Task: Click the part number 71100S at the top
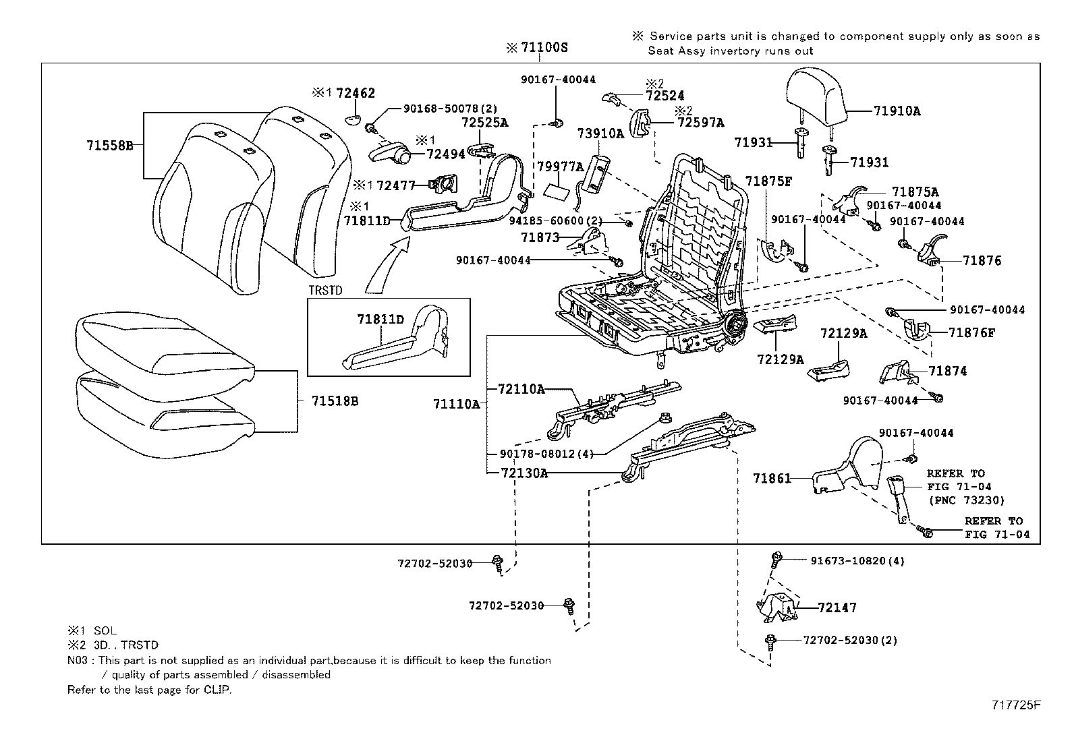pyautogui.click(x=544, y=48)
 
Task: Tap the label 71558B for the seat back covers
pyautogui.click(x=110, y=145)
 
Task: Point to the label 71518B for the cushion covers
pyautogui.click(x=335, y=401)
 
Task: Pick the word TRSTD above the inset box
pyautogui.click(x=326, y=291)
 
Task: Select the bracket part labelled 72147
pyautogui.click(x=776, y=605)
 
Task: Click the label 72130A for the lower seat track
pyautogui.click(x=524, y=473)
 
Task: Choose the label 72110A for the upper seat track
pyautogui.click(x=521, y=389)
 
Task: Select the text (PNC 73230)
pyautogui.click(x=966, y=500)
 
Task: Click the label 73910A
pyautogui.click(x=600, y=134)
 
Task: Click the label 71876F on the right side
pyautogui.click(x=971, y=332)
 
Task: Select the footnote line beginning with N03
pyautogui.click(x=309, y=661)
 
